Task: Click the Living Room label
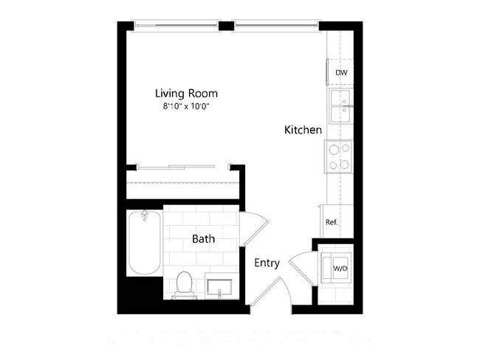tap(186, 94)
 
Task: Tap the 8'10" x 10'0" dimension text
tap(186, 106)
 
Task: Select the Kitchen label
tap(303, 130)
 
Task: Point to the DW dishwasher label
tap(341, 73)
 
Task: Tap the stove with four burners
tap(339, 156)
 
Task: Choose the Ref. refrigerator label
tap(332, 222)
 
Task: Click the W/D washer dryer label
tap(340, 268)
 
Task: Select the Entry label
tap(267, 263)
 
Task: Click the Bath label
tap(203, 239)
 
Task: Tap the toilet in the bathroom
tap(184, 285)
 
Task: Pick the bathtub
tap(144, 243)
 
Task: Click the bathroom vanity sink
tap(221, 285)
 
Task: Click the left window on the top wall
tap(176, 25)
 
